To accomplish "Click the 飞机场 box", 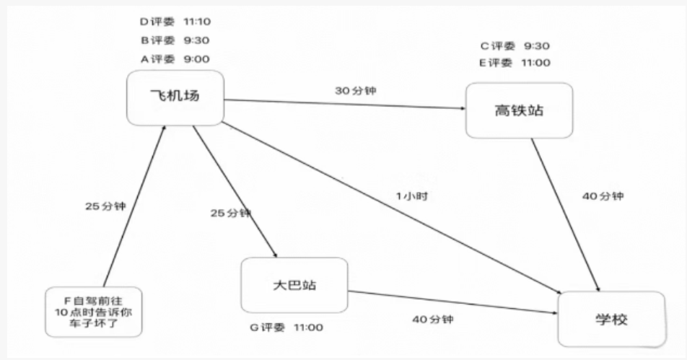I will pos(174,97).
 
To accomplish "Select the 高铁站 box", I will pos(519,110).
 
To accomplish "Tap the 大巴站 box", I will pos(294,285).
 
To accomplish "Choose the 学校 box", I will pos(611,319).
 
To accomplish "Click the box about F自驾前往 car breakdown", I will pos(94,312).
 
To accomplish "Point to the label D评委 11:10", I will pos(175,22).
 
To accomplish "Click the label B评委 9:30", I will pos(175,40).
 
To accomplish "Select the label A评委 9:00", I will pos(175,59).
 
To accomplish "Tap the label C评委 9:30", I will pos(515,45).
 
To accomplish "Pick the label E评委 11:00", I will pos(515,63).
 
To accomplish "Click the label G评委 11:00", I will pos(286,328).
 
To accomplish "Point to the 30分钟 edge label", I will pos(355,91).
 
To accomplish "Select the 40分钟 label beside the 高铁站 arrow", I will pos(603,196).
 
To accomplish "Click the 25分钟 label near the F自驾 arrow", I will pos(105,206).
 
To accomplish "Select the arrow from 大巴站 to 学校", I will pos(455,302).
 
